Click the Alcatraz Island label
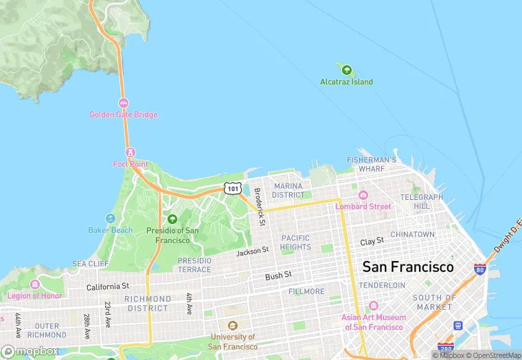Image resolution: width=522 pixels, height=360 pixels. pyautogui.click(x=346, y=82)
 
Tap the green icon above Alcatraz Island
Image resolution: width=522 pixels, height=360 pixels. pyautogui.click(x=346, y=70)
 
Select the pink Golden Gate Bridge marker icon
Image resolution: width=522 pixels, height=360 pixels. pyautogui.click(x=124, y=103)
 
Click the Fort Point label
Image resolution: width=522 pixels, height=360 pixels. pyautogui.click(x=130, y=164)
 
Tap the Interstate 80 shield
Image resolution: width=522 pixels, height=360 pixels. pyautogui.click(x=480, y=269)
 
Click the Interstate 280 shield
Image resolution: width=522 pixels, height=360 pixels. pyautogui.click(x=446, y=348)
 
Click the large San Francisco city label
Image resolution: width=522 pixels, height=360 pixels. pyautogui.click(x=407, y=267)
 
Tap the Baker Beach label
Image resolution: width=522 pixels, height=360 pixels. pyautogui.click(x=111, y=230)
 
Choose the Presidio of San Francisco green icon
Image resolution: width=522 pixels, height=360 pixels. pyautogui.click(x=172, y=219)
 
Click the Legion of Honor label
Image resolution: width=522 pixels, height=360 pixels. pyautogui.click(x=34, y=296)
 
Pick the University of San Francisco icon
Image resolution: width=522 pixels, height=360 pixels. pyautogui.click(x=233, y=326)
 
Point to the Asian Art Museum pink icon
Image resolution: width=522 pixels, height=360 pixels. pyautogui.click(x=374, y=306)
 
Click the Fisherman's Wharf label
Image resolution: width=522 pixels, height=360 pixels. pyautogui.click(x=372, y=164)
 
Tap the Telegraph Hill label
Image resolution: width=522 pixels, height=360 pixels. pyautogui.click(x=422, y=201)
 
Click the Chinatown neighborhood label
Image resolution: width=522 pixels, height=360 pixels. pyautogui.click(x=412, y=234)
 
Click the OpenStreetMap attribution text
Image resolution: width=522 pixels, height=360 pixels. pyautogui.click(x=492, y=355)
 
